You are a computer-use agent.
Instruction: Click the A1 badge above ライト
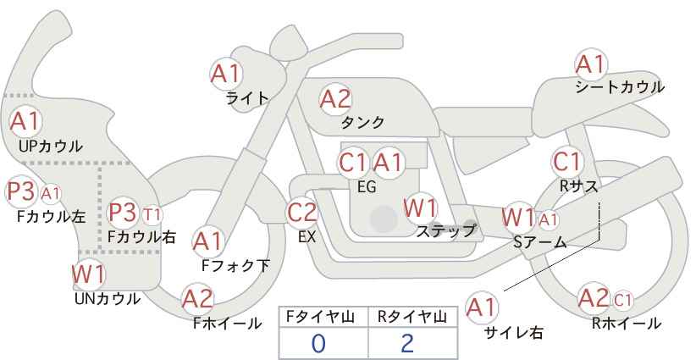tap(225, 73)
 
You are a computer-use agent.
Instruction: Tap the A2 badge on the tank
tap(335, 99)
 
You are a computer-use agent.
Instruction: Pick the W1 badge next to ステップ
tap(420, 208)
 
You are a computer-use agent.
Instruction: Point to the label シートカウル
tap(619, 86)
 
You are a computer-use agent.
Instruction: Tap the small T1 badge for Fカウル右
tap(152, 213)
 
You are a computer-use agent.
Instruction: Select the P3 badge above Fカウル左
tap(20, 191)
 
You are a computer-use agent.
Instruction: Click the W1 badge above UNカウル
tap(88, 274)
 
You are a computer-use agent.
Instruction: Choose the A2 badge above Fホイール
tap(198, 298)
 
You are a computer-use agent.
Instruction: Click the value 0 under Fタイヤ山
tap(318, 343)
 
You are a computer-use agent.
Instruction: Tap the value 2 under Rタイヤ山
tap(407, 343)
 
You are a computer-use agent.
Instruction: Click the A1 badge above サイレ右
tap(483, 307)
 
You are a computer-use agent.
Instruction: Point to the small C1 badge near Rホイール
tap(623, 299)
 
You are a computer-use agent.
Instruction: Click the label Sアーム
tap(539, 242)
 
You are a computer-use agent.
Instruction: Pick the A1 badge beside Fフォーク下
tap(207, 242)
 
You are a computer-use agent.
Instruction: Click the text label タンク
tap(362, 121)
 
